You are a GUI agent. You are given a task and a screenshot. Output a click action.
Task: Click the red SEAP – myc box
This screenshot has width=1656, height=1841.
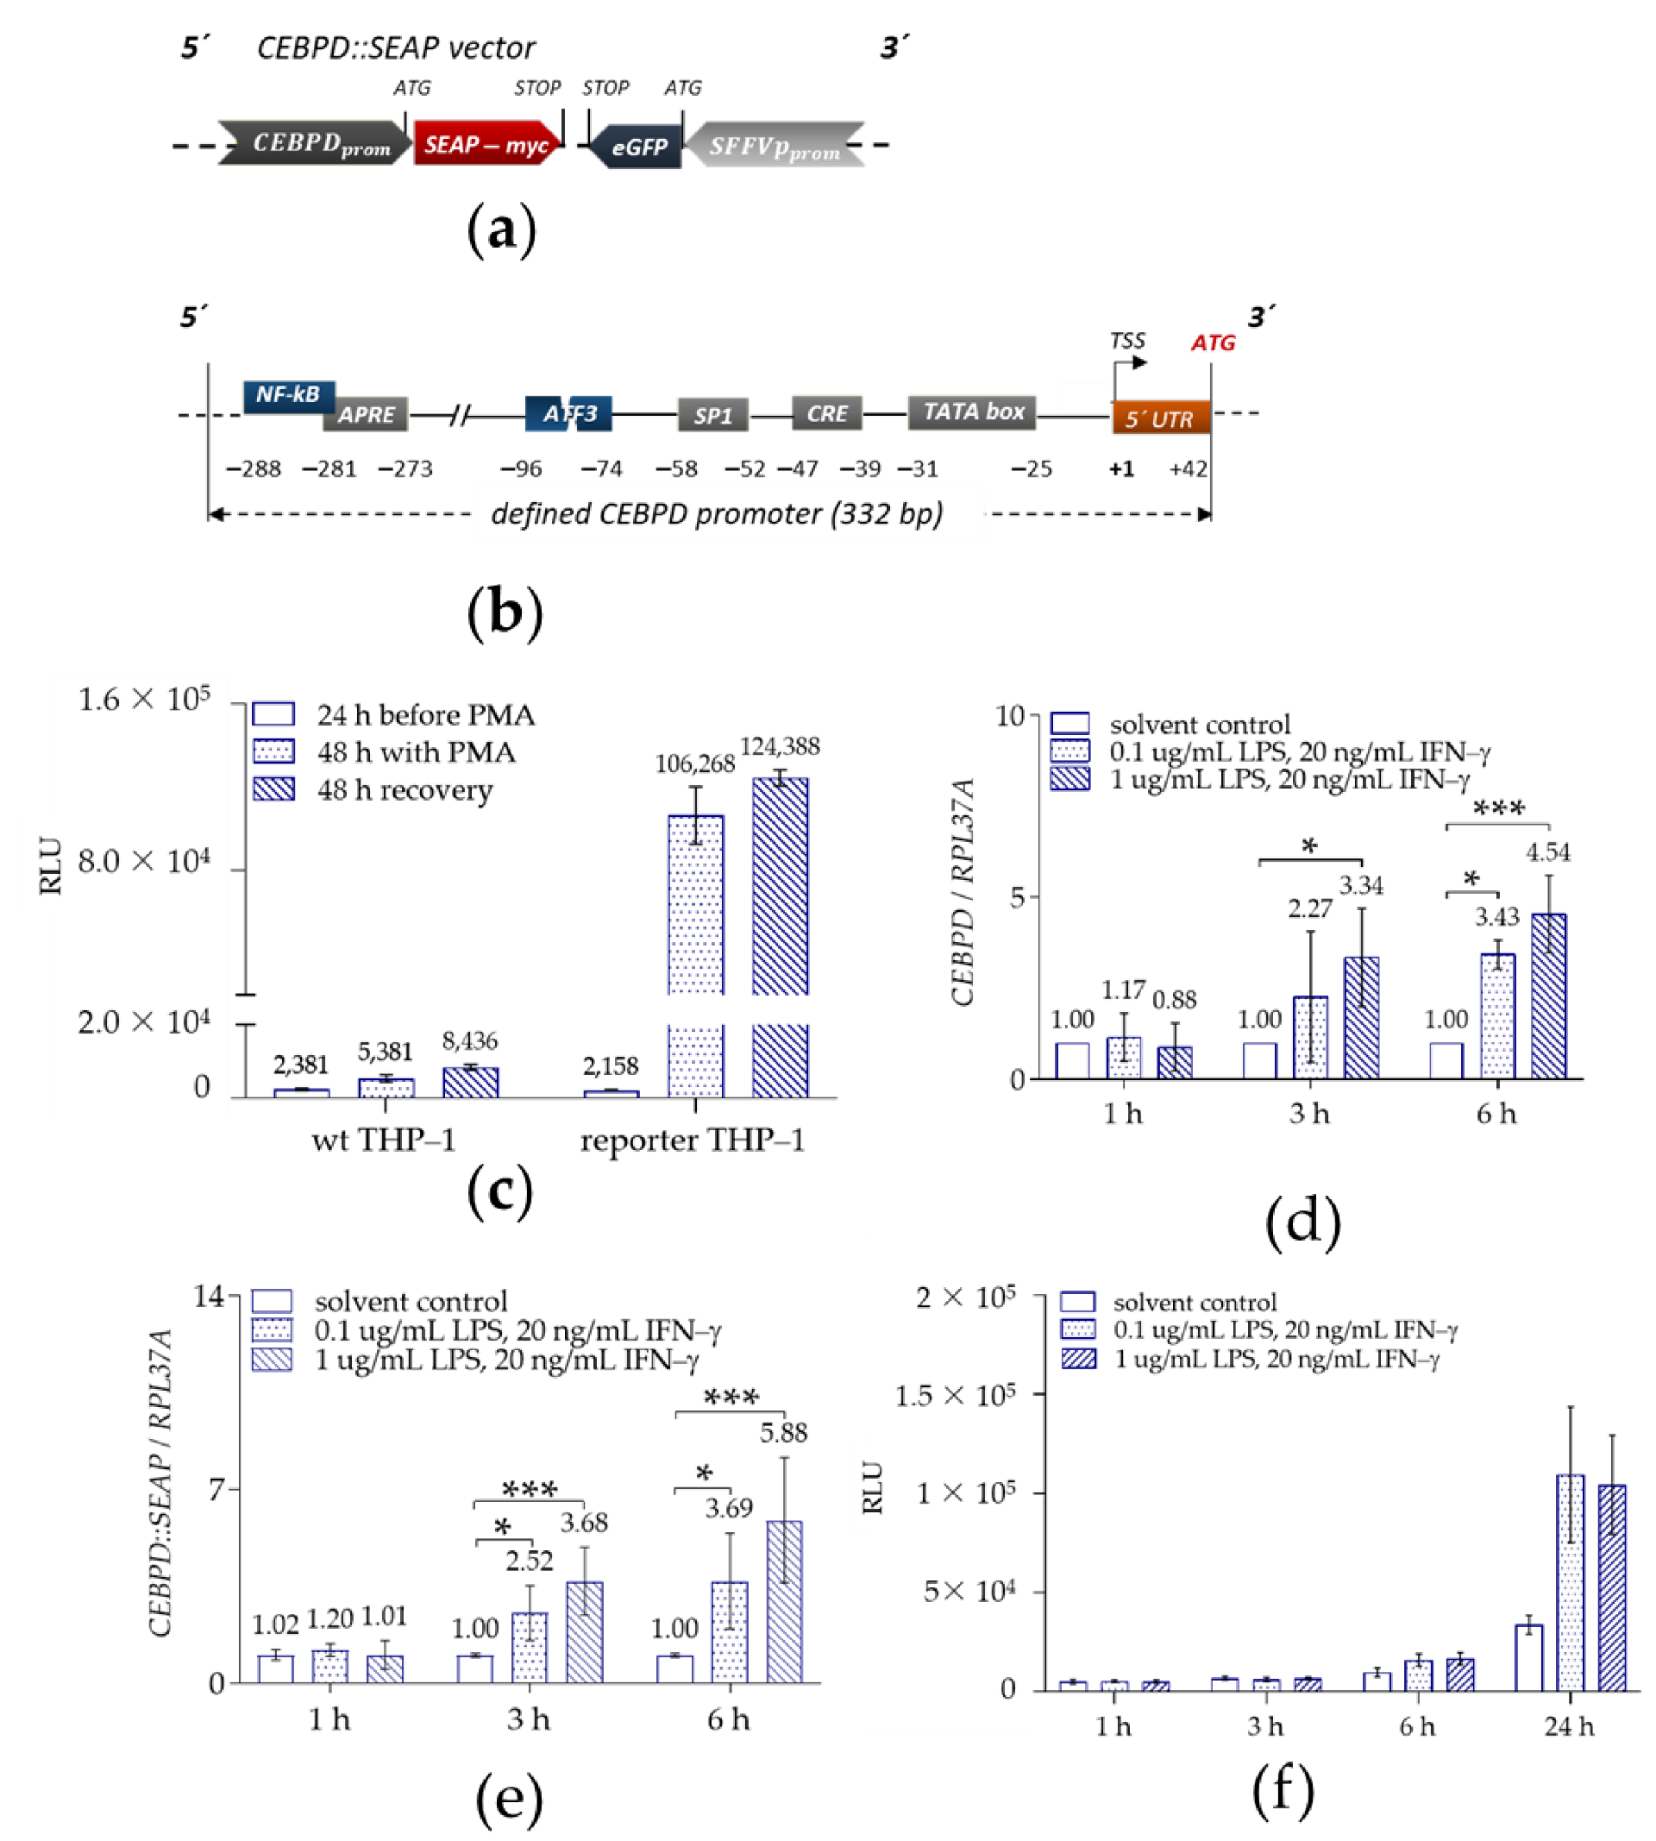click(x=486, y=145)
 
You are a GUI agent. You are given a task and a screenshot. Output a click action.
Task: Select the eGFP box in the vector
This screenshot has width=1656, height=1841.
click(x=639, y=147)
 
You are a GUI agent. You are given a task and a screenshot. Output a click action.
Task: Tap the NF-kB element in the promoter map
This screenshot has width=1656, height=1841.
click(x=287, y=395)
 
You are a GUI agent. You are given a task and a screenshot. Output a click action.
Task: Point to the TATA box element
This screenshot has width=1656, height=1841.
click(x=973, y=412)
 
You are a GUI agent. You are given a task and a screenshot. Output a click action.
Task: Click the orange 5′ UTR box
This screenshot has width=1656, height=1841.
click(x=1160, y=418)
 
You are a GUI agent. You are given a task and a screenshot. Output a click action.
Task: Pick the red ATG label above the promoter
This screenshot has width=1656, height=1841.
click(x=1213, y=343)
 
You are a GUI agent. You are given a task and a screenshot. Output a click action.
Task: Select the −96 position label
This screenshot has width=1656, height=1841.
click(x=520, y=468)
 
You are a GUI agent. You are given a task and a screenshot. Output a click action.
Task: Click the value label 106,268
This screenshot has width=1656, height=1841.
click(x=694, y=763)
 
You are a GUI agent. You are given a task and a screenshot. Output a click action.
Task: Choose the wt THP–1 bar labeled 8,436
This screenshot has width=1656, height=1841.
click(x=470, y=1082)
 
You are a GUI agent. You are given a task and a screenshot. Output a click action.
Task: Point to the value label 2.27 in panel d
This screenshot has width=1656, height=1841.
click(x=1309, y=908)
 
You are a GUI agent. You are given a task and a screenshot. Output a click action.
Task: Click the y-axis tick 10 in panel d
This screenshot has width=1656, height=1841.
click(x=1010, y=716)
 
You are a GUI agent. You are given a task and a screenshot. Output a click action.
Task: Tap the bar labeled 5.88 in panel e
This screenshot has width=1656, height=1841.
click(x=784, y=1604)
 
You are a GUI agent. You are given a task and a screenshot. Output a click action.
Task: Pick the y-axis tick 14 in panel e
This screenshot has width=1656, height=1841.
click(x=209, y=1297)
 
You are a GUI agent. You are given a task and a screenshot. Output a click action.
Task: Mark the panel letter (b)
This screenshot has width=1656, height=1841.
click(x=504, y=612)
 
